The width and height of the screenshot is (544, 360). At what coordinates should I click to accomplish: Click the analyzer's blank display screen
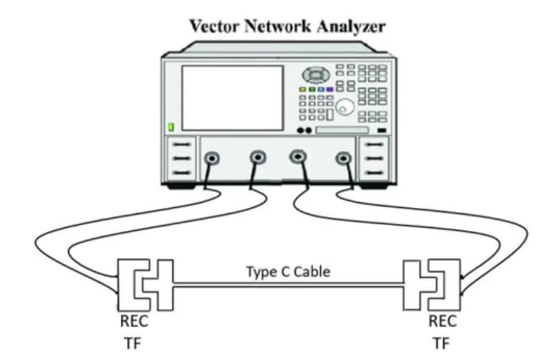click(x=232, y=97)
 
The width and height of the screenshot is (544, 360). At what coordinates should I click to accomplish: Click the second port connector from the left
click(x=258, y=158)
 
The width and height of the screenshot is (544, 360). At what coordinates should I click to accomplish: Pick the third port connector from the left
click(x=299, y=158)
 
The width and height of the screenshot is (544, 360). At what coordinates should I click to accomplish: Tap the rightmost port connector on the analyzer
click(x=343, y=159)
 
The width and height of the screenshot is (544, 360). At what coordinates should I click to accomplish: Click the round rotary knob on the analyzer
click(x=344, y=107)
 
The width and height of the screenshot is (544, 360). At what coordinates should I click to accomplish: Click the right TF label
click(x=442, y=343)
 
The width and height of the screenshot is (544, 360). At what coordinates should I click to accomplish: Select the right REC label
click(x=442, y=322)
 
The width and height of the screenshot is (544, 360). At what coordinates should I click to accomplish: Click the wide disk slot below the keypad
click(x=341, y=131)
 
